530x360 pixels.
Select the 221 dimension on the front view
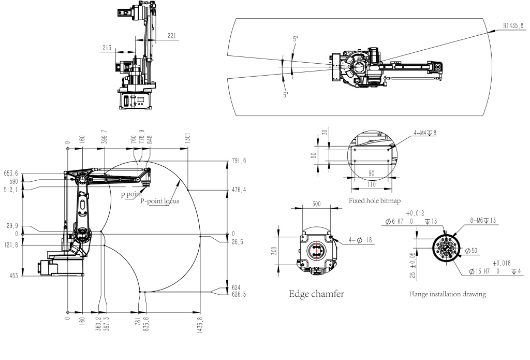172,36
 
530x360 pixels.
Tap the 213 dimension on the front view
107,48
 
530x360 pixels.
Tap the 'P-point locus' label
160,201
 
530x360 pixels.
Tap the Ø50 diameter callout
472,251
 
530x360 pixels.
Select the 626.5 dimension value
239,293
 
